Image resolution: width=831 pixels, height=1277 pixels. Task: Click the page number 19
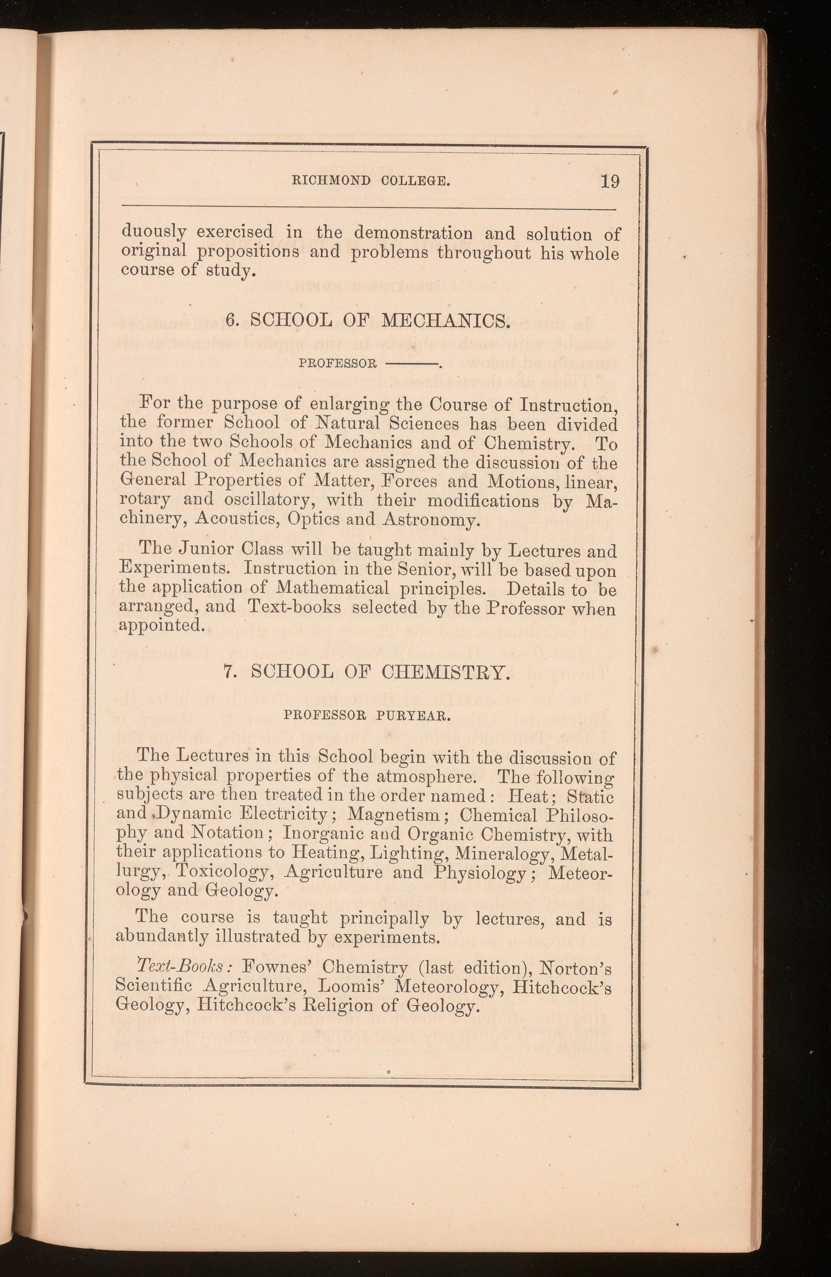click(610, 181)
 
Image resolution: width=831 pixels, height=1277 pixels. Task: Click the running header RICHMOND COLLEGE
click(370, 181)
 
